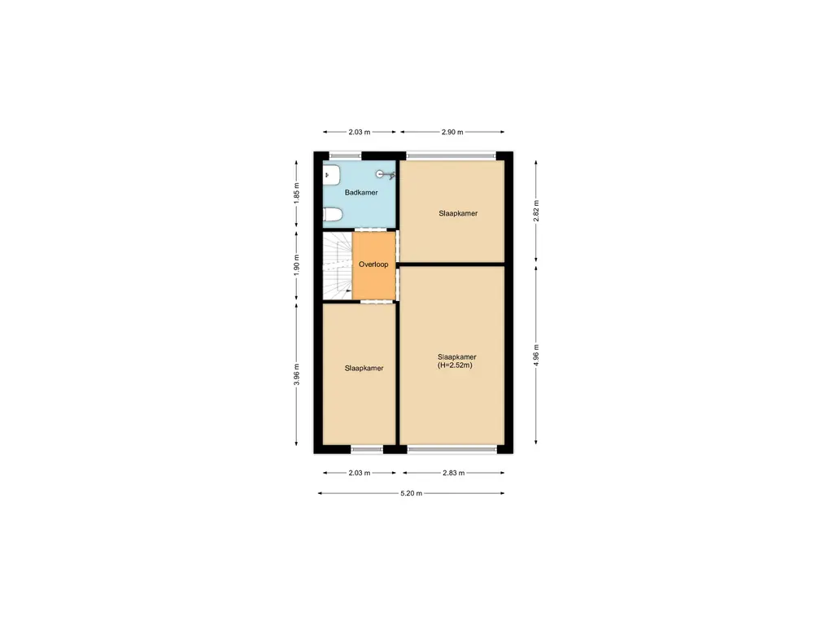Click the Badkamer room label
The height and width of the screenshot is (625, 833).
click(361, 193)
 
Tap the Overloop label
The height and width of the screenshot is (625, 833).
click(373, 264)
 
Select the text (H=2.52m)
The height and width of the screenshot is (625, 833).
click(455, 365)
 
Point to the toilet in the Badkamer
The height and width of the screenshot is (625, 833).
click(331, 215)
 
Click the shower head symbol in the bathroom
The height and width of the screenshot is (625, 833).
click(383, 173)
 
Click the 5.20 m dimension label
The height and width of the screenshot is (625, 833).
click(410, 493)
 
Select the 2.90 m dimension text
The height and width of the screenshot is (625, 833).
click(451, 132)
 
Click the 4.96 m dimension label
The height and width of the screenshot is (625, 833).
click(536, 355)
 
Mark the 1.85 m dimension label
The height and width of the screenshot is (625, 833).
click(298, 192)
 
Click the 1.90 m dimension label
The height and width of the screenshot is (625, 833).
click(298, 264)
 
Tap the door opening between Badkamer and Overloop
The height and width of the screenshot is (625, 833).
click(375, 230)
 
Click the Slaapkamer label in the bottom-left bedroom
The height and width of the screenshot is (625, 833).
click(364, 368)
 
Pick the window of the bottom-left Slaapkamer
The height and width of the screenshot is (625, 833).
click(366, 448)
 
